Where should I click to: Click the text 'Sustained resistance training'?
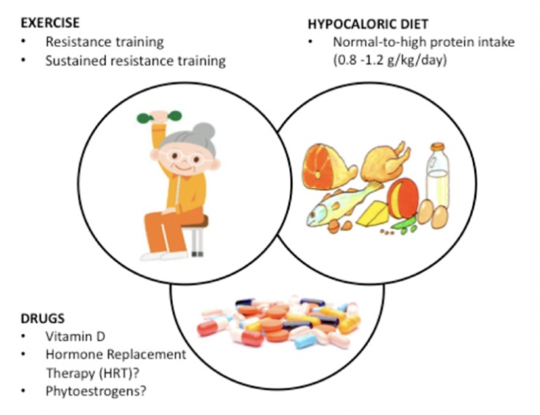(x=135, y=61)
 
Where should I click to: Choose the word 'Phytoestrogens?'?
(x=96, y=391)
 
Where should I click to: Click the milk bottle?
(x=439, y=177)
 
